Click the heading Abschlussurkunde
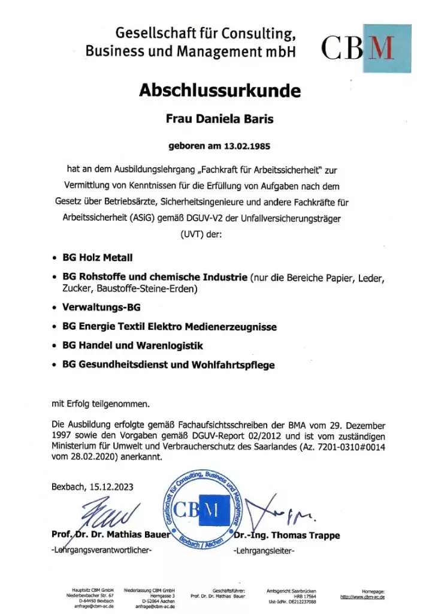click(219, 91)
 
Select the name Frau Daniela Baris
click(219, 119)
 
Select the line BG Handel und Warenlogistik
click(132, 346)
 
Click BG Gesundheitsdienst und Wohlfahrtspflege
click(168, 365)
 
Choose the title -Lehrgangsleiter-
click(264, 550)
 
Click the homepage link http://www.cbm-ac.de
click(362, 597)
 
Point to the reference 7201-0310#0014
click(349, 447)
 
